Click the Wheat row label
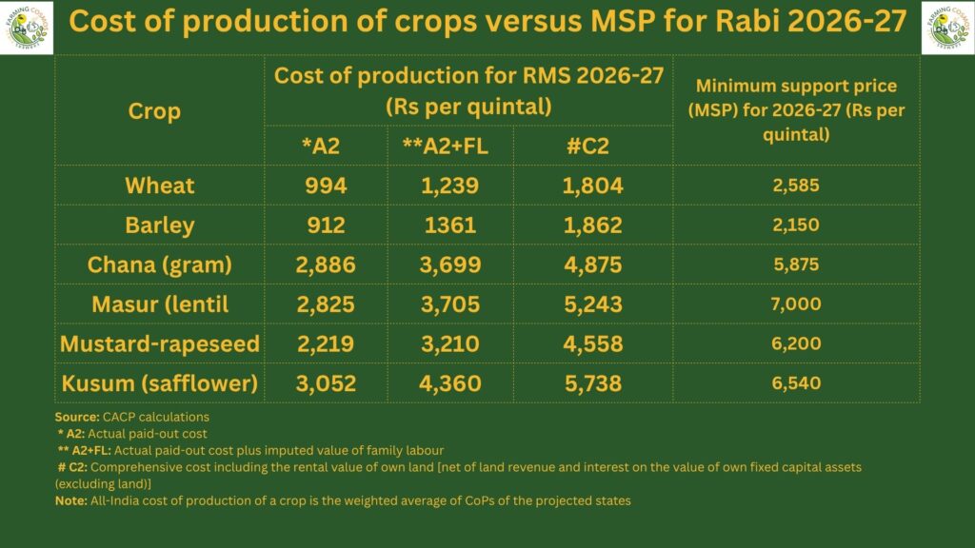[x=160, y=186]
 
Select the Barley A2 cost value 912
[x=326, y=225]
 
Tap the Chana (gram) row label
[x=160, y=265]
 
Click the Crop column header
[x=154, y=110]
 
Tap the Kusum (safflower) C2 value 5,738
[x=592, y=383]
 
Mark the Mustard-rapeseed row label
[x=160, y=343]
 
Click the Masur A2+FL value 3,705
[x=450, y=304]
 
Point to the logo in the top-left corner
[x=27, y=28]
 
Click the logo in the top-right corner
[x=947, y=28]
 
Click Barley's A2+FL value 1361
[x=450, y=225]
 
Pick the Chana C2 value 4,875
[x=592, y=265]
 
